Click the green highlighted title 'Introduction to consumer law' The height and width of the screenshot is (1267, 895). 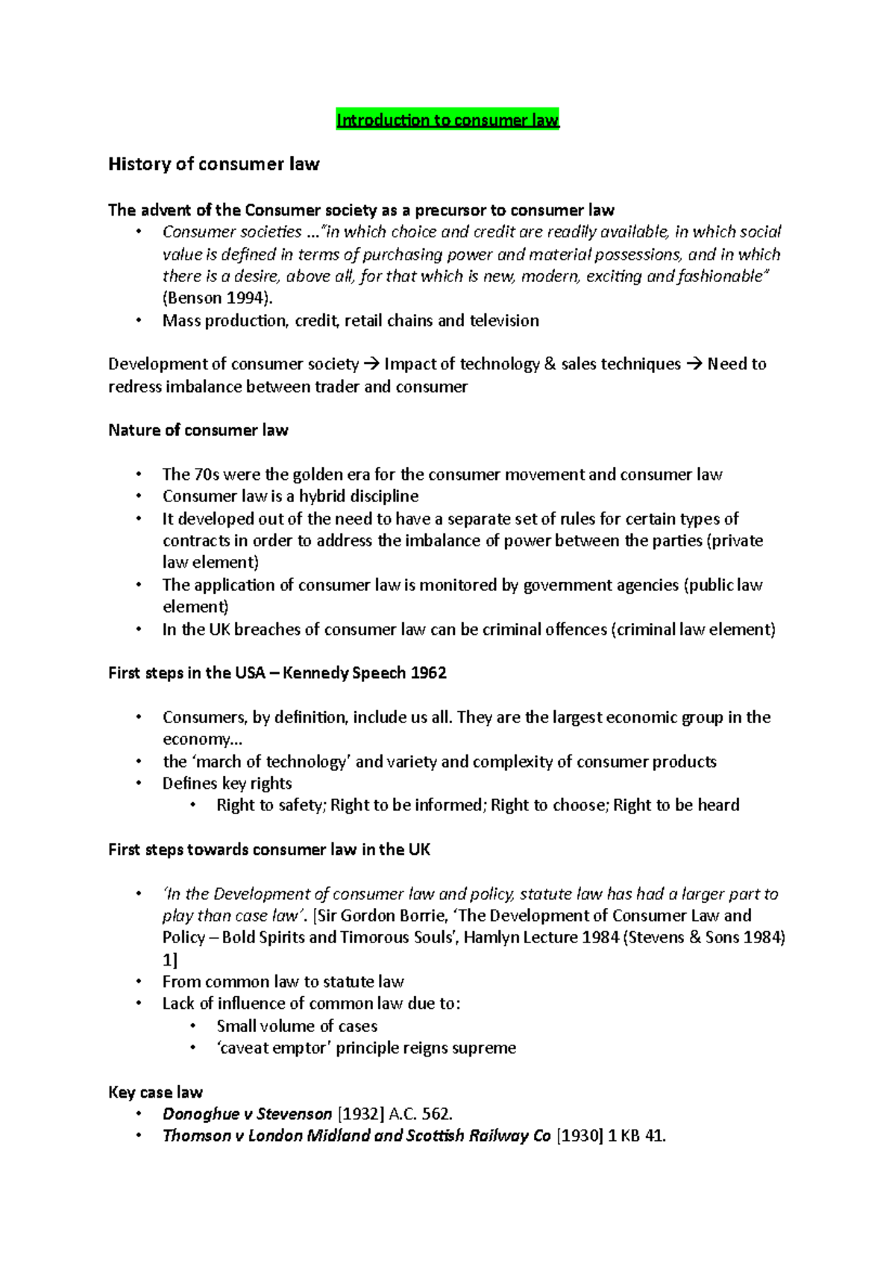(447, 120)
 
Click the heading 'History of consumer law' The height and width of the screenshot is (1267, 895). (213, 164)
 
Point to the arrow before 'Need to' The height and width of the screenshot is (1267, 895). (693, 364)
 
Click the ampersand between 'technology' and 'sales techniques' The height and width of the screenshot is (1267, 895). (550, 364)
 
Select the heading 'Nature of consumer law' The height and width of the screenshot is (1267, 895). (198, 431)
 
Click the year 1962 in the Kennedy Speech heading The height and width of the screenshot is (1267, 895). (428, 673)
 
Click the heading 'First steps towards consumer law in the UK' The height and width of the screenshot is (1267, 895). (269, 850)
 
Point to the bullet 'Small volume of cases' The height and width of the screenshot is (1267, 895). (297, 1026)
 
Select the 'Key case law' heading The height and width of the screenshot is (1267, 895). (155, 1092)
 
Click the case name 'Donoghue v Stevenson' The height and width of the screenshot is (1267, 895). (247, 1115)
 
